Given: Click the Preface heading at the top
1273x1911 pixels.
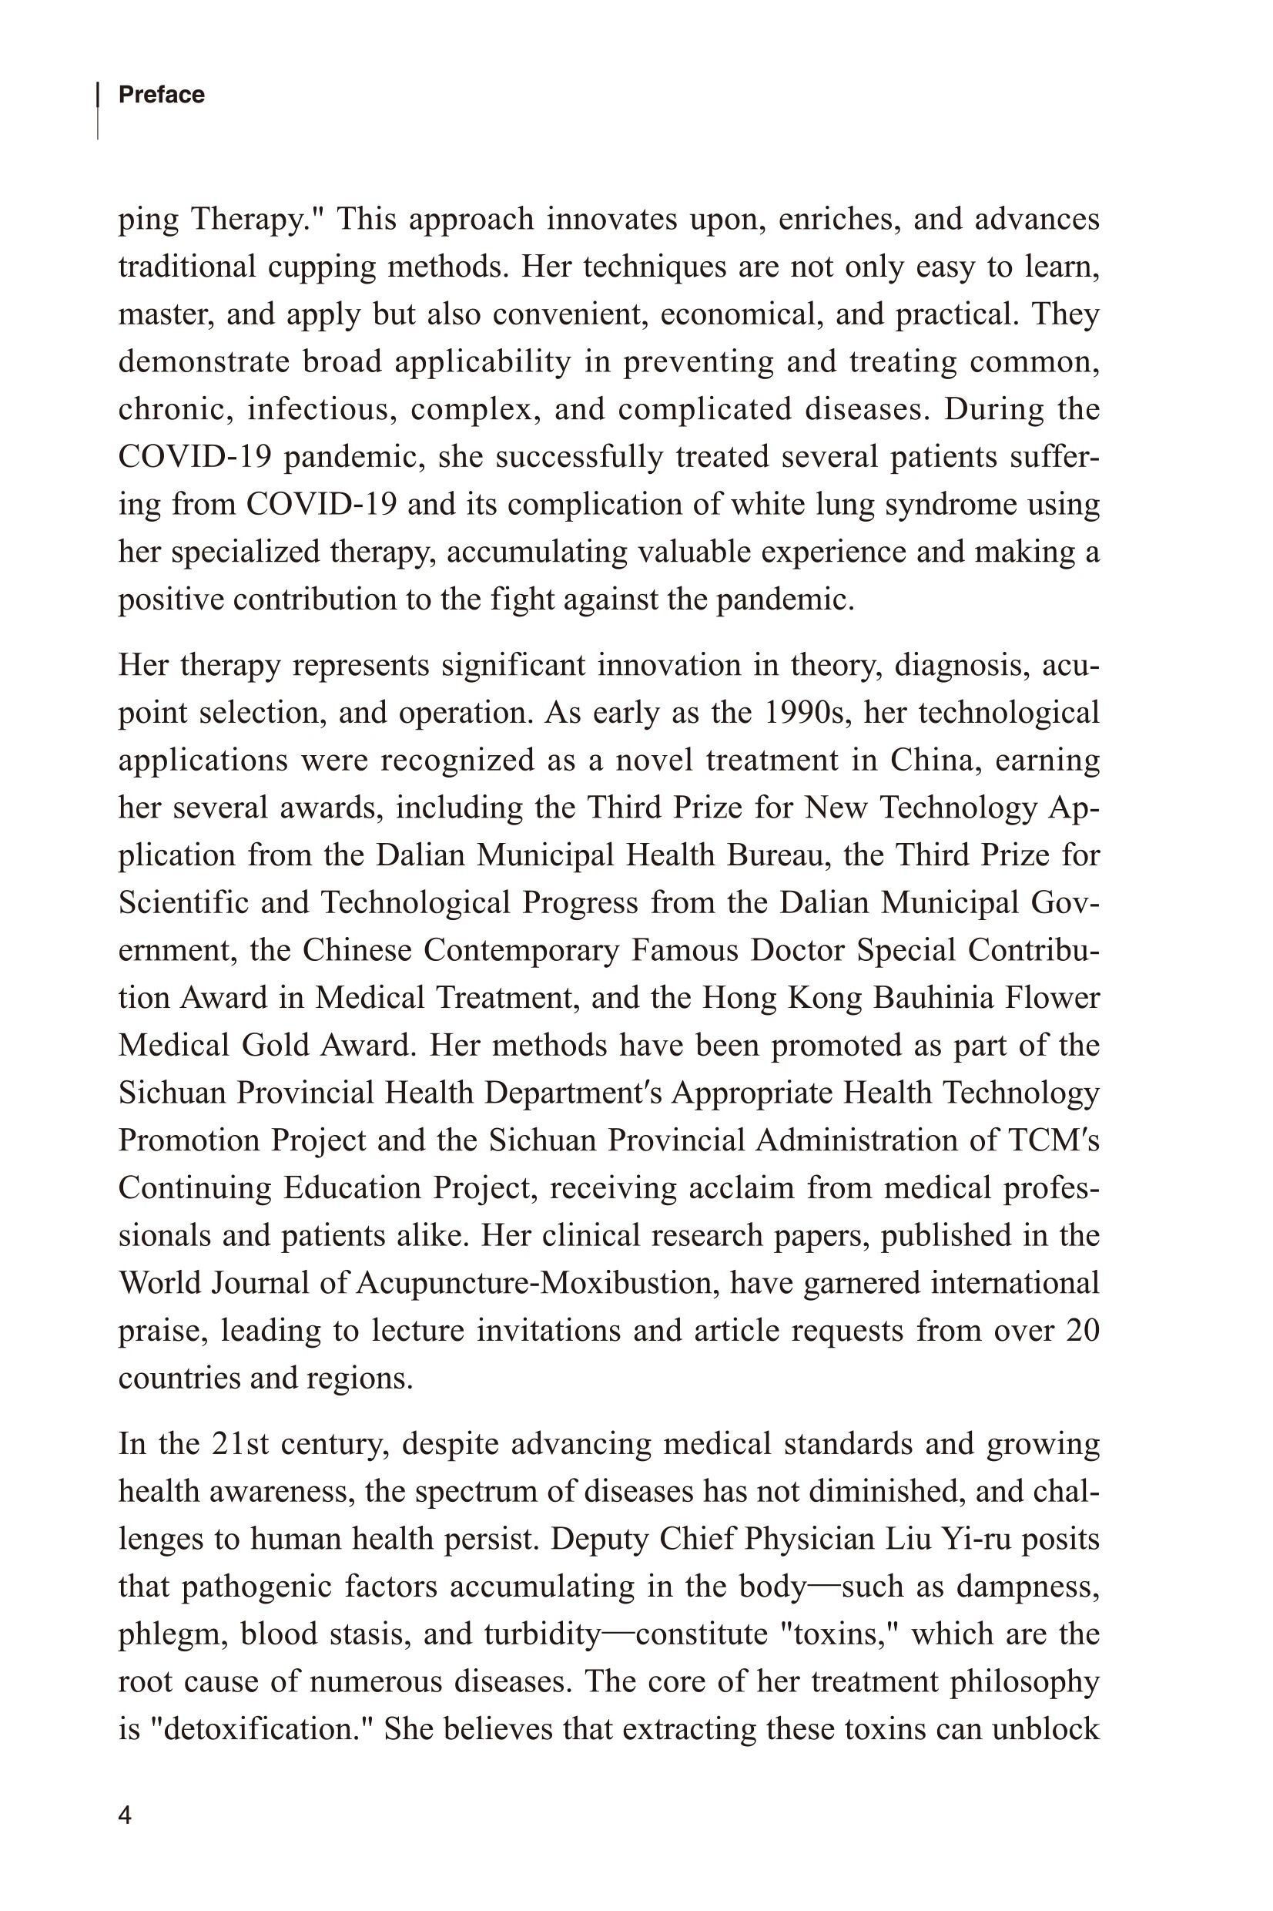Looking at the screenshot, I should pos(162,95).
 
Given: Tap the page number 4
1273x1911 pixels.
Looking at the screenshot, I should pos(124,1816).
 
